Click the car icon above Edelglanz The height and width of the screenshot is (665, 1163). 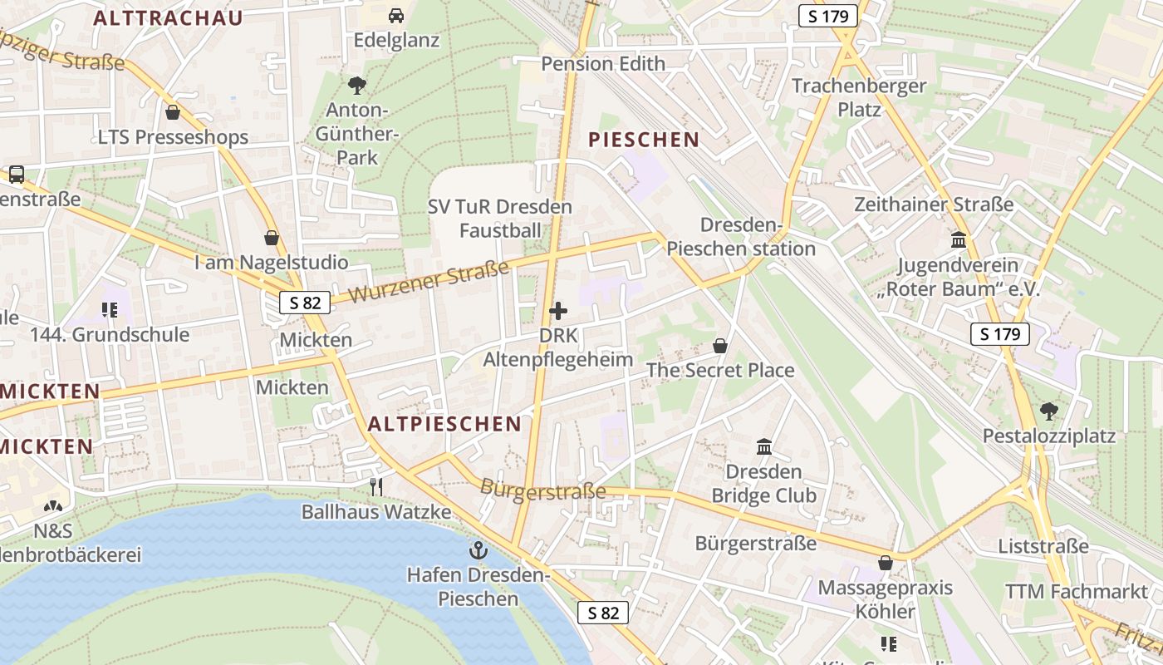pyautogui.click(x=396, y=15)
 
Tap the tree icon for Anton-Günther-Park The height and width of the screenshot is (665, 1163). pyautogui.click(x=357, y=85)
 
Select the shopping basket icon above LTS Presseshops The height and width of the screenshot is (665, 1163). pyautogui.click(x=173, y=112)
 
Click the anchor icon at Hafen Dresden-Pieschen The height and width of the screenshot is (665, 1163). pyautogui.click(x=478, y=549)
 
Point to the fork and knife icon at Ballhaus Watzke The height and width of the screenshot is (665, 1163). pyautogui.click(x=376, y=486)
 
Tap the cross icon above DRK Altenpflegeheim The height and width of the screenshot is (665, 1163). pyautogui.click(x=558, y=311)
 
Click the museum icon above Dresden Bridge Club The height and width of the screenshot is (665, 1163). pyautogui.click(x=764, y=447)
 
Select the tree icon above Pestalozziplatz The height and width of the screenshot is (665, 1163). pyautogui.click(x=1048, y=411)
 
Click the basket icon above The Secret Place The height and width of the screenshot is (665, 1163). pyautogui.click(x=720, y=346)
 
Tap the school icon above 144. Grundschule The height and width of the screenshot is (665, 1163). pyautogui.click(x=110, y=310)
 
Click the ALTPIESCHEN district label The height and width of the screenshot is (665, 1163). pyautogui.click(x=444, y=424)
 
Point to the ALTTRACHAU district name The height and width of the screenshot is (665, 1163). pyautogui.click(x=168, y=18)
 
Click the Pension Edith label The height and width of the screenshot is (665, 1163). pyautogui.click(x=603, y=64)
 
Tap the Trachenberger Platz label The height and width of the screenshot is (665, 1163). pyautogui.click(x=859, y=97)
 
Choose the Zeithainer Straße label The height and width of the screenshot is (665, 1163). pyautogui.click(x=934, y=204)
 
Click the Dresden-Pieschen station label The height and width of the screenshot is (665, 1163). pyautogui.click(x=741, y=237)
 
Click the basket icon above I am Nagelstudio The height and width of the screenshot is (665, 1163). pyautogui.click(x=271, y=239)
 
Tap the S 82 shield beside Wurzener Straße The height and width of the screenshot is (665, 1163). pyautogui.click(x=304, y=303)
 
